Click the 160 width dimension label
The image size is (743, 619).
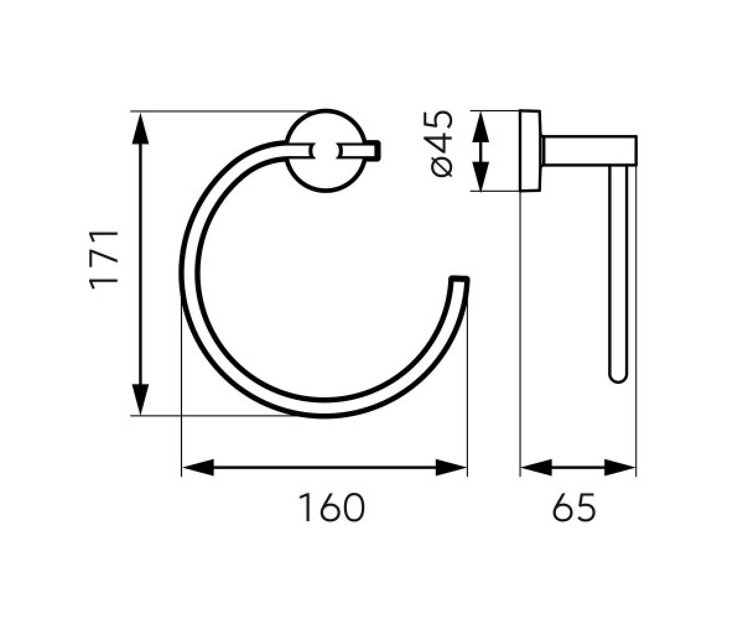coord(332,508)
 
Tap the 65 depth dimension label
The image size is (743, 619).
coord(573,508)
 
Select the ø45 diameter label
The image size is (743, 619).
coord(441,144)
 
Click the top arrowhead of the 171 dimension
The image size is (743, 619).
coord(140,128)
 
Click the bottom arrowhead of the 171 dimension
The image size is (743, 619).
coord(140,399)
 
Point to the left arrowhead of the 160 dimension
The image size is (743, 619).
coord(198,467)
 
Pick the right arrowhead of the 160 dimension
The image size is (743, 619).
coord(451,467)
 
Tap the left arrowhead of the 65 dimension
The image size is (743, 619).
coord(537,467)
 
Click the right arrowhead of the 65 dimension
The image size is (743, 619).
coord(620,467)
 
